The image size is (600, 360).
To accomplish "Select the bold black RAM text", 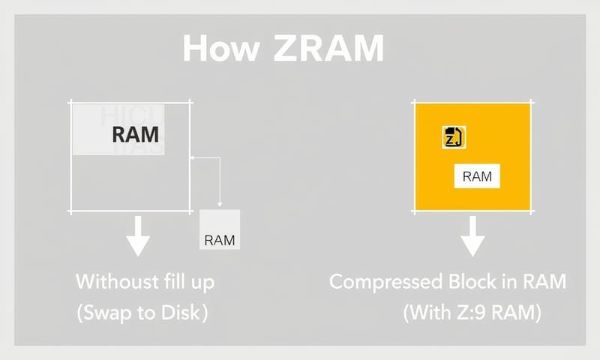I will click(135, 135).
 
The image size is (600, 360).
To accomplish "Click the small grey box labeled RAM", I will click(219, 229).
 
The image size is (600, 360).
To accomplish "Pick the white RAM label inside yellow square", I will click(477, 177).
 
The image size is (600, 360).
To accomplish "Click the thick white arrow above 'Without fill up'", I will click(137, 236).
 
